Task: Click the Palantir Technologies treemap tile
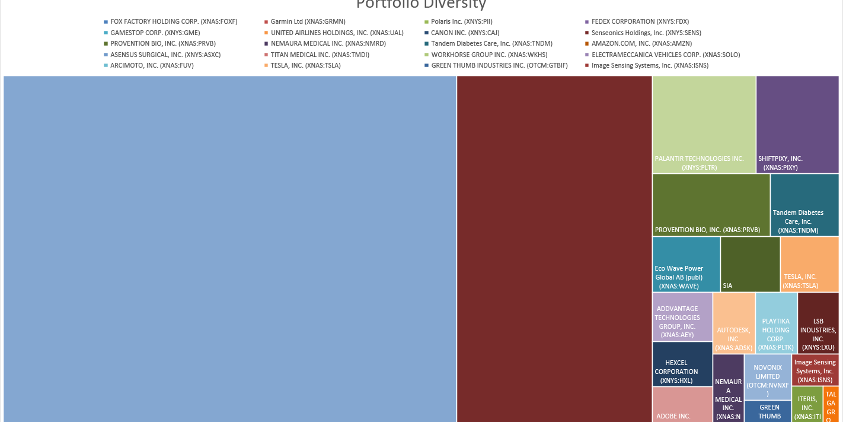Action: click(x=704, y=125)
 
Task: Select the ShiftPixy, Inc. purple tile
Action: click(x=797, y=125)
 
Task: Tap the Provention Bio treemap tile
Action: click(x=711, y=205)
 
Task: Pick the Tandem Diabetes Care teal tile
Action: click(x=804, y=205)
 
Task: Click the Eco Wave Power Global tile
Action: click(x=686, y=264)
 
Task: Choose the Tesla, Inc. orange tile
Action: click(x=809, y=264)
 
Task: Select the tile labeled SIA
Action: click(x=750, y=264)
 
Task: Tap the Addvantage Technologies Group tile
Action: click(x=682, y=316)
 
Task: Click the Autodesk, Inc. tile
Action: click(x=734, y=323)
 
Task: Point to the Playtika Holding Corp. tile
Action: click(x=776, y=323)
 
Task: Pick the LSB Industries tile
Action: click(x=818, y=323)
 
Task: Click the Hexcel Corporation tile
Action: click(x=682, y=364)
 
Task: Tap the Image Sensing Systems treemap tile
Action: click(x=815, y=370)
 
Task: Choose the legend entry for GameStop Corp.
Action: click(x=154, y=33)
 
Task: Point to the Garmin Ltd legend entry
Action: click(x=308, y=22)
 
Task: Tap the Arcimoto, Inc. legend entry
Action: click(x=151, y=65)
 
